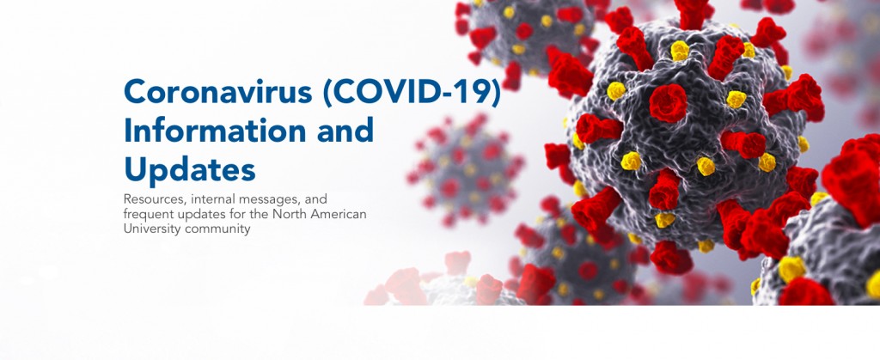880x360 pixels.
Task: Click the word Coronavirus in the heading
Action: (217, 92)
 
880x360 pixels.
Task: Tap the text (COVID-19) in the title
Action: (412, 93)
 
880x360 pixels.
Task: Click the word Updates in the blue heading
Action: (190, 169)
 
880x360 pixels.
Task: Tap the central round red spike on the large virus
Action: (669, 103)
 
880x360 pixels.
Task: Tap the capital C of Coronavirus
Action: (135, 92)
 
